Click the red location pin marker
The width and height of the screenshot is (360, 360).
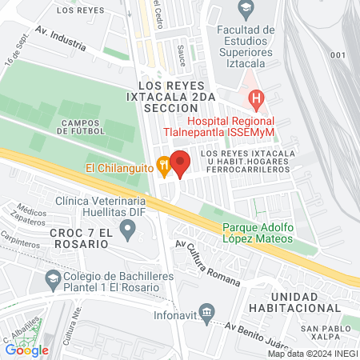181,162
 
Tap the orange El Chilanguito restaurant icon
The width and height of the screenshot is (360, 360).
163,168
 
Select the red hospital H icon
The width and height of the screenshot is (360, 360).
257,101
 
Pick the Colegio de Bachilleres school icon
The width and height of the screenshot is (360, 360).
53,280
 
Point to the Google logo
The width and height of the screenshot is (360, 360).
27,350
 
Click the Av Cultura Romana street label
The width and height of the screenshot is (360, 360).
207,263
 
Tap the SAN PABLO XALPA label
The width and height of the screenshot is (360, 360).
326,334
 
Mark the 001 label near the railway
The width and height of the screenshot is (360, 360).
337,55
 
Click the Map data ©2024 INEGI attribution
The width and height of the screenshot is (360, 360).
313,354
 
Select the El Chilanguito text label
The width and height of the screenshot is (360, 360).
119,168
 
